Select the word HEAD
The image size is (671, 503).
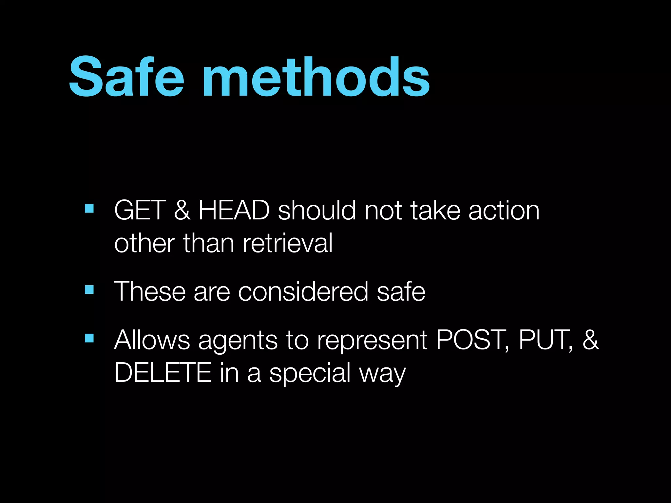(234, 210)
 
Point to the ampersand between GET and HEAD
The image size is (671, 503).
(182, 210)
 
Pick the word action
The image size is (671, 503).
(504, 210)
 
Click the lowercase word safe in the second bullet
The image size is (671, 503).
(401, 291)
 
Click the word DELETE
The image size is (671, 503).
(163, 373)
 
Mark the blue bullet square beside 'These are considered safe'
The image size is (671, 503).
(89, 290)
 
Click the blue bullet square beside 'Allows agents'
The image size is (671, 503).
(89, 338)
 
